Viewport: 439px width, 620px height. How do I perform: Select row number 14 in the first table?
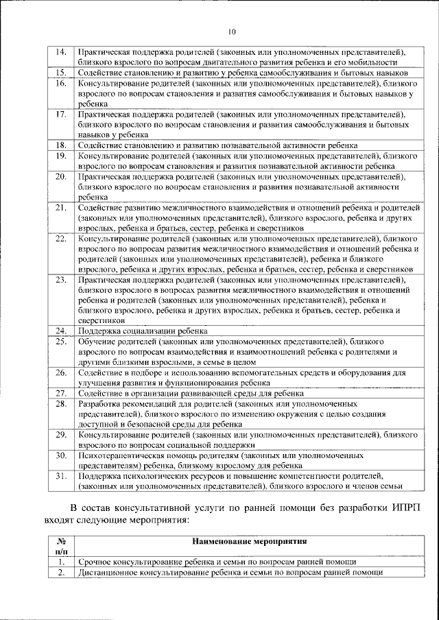[x=60, y=51]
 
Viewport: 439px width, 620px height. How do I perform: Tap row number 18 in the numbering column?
[x=60, y=145]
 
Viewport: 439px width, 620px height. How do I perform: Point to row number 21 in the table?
[x=60, y=207]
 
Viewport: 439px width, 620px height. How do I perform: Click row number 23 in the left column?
[x=60, y=280]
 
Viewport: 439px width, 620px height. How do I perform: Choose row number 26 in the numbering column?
[x=60, y=372]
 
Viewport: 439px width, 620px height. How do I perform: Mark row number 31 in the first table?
[x=60, y=475]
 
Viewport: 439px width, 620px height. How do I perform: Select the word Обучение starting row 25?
[x=97, y=341]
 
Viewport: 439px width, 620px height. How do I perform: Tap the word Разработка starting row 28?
[x=100, y=404]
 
